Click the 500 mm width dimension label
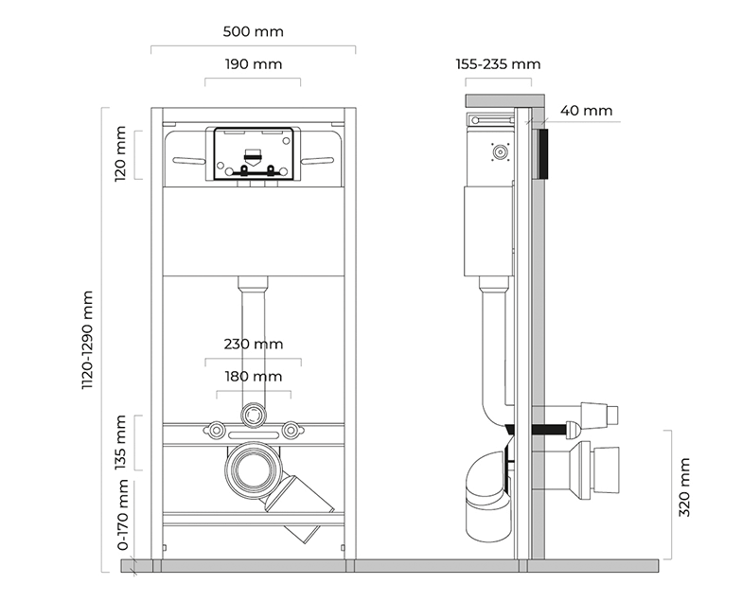point(254,32)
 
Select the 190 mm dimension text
point(254,64)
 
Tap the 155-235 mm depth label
point(498,64)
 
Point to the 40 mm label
point(587,111)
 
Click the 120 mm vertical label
point(120,153)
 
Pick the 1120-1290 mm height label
point(87,340)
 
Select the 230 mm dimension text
point(254,344)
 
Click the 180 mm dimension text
point(254,377)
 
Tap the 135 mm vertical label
point(120,442)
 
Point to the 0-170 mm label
point(123,515)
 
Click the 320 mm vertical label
point(684,487)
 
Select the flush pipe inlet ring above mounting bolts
point(254,415)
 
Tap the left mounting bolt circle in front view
point(216,430)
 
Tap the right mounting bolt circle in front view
point(290,430)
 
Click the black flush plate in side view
point(543,153)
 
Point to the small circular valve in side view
point(500,151)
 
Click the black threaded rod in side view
point(549,430)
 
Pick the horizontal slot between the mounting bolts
point(254,435)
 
